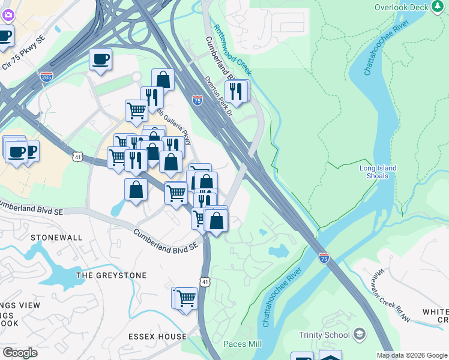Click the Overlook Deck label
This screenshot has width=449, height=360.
coord(402,7)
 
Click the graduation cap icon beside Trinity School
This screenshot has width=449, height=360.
coord(359,334)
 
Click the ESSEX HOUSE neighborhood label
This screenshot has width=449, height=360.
coord(157,337)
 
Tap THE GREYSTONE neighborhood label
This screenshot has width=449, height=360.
coord(112,275)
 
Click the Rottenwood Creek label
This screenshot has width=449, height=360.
coord(232,51)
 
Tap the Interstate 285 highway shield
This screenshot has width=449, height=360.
coord(46,77)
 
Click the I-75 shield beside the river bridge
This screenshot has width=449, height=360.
coord(324,258)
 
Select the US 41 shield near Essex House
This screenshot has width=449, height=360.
coord(205,281)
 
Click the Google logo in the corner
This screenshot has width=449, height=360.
coord(20,352)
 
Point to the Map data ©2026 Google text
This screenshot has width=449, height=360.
coord(412,355)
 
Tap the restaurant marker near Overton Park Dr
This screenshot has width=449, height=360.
coord(236,91)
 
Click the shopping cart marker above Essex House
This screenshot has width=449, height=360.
coord(187,297)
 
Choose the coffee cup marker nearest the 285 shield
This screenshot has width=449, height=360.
coord(100,59)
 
